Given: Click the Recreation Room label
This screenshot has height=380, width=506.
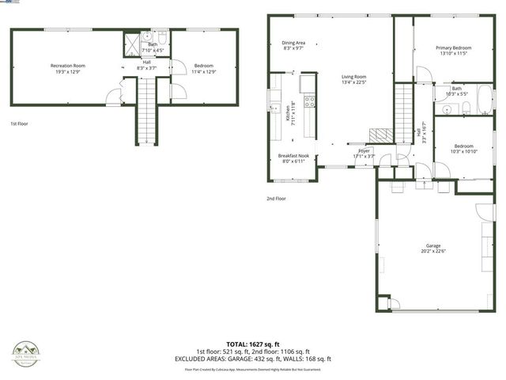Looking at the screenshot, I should (68, 65).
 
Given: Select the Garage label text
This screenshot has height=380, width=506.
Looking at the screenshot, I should (432, 245).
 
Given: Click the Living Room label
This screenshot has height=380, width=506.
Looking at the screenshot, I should (353, 76).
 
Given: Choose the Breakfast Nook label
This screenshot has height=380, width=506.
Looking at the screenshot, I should (293, 156).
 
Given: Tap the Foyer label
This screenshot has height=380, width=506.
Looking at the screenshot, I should (364, 150).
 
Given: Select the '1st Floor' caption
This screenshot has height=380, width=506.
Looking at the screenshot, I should (19, 124).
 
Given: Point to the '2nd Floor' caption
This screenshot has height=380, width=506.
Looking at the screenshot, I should (276, 199).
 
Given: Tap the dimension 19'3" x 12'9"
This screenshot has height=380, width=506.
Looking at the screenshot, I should (68, 71).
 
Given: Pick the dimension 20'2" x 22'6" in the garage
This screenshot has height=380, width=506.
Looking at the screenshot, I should (432, 252).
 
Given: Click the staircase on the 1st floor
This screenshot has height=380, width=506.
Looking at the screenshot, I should (148, 111).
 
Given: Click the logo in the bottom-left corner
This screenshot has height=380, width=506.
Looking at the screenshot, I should (25, 351).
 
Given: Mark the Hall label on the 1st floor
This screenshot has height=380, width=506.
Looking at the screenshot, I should (147, 63).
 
